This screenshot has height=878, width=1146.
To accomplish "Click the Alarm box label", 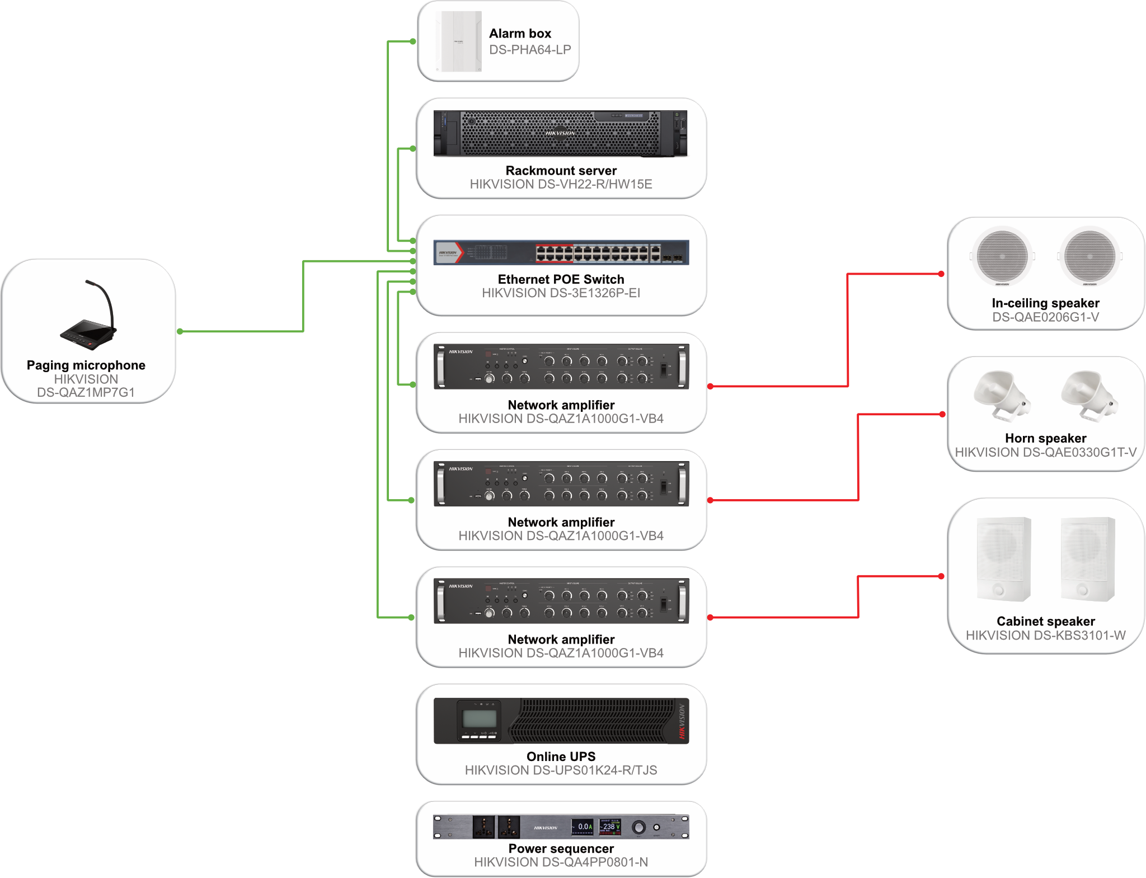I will click(520, 34).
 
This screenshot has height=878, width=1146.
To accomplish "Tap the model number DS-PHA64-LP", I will click(529, 50).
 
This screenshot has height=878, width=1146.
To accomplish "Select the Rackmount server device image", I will click(560, 134).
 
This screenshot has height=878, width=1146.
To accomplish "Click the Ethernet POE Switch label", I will click(561, 279).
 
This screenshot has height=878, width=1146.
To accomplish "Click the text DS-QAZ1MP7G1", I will click(86, 392).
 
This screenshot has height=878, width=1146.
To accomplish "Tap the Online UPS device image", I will click(561, 721).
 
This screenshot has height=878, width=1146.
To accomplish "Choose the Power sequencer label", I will click(561, 848).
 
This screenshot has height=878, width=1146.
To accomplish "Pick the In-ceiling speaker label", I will click(1045, 303).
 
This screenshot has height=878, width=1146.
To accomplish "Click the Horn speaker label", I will click(1045, 438).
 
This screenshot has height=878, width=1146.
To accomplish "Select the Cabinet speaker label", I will click(1045, 621).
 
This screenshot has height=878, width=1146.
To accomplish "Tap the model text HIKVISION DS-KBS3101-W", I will click(1045, 635).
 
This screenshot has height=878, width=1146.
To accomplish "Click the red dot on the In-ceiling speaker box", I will click(941, 274).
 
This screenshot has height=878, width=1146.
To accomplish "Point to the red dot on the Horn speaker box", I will click(942, 414).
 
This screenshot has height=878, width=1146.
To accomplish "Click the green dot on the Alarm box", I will click(413, 41).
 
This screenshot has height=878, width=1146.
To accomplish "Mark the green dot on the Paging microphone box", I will click(180, 331).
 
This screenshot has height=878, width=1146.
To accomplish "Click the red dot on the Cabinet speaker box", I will click(941, 576).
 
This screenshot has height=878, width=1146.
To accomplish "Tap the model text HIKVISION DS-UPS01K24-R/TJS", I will click(561, 770).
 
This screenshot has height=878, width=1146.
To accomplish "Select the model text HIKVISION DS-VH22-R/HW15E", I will click(561, 184).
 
